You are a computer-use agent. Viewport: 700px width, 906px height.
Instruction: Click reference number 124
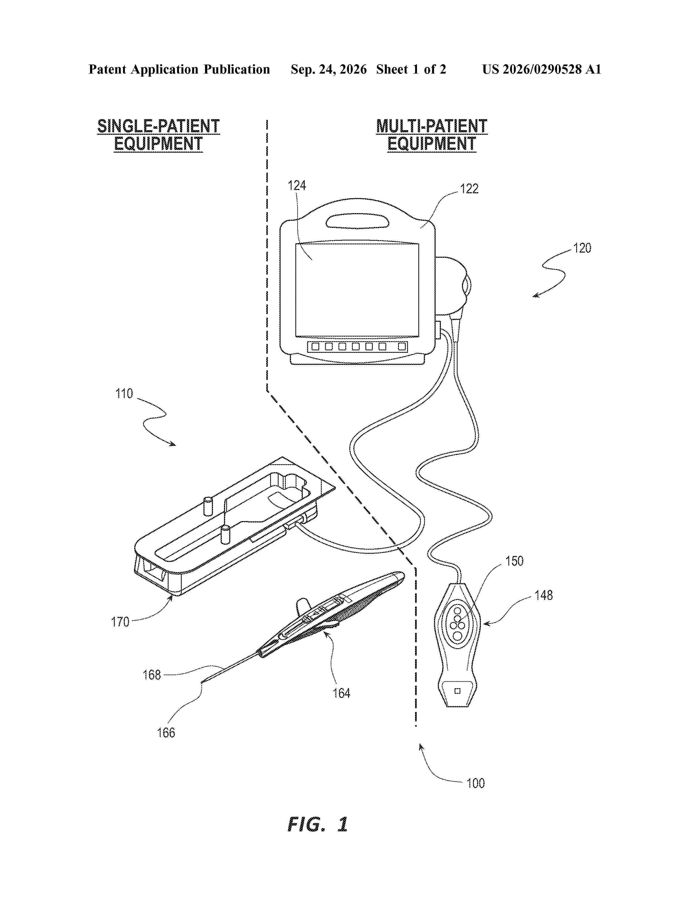coord(297,185)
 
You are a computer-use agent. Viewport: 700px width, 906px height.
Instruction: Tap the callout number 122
coord(469,189)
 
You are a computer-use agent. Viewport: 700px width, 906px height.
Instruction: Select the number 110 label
coord(124,393)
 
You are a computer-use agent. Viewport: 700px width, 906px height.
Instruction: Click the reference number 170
coord(120,622)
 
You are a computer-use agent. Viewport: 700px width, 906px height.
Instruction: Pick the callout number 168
coord(152,675)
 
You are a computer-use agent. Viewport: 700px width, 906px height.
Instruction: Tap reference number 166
coord(166,732)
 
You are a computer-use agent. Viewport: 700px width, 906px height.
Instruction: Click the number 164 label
coord(341,693)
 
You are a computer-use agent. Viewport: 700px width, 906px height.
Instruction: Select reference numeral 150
coord(514,561)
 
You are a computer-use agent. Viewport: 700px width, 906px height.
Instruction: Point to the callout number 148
coord(544,595)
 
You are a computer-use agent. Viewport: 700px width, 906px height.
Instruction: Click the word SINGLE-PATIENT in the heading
coord(158,126)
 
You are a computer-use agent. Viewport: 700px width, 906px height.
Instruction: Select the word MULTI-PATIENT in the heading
coord(432,126)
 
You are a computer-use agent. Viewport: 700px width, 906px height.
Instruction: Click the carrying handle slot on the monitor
coord(357,221)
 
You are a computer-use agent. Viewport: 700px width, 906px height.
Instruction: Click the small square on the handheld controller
coord(457,691)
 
